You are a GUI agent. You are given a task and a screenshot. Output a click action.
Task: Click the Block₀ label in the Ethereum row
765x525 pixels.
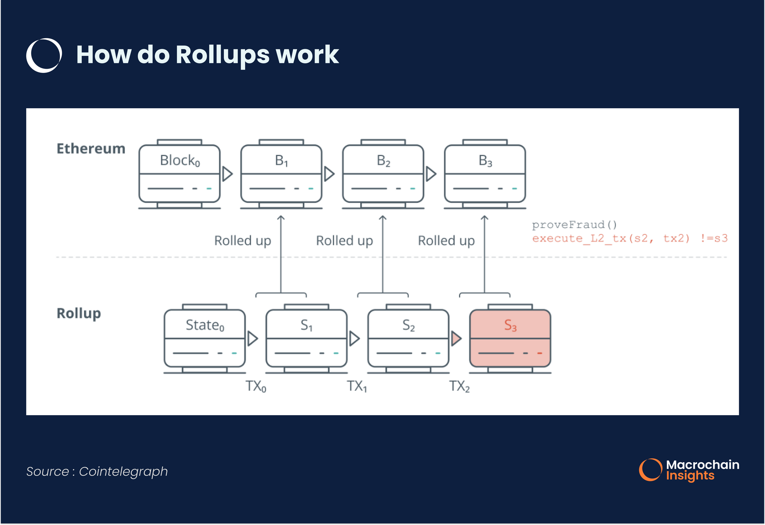[180, 160]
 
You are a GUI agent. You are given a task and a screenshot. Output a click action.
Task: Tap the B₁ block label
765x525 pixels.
[281, 160]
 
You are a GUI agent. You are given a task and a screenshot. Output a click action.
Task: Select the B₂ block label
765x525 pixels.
[383, 160]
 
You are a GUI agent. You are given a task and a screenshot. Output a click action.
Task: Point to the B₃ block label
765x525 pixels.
[485, 160]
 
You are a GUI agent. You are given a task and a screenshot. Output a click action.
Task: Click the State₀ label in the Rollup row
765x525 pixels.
[205, 325]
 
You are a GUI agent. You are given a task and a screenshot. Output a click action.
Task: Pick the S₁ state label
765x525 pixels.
[306, 325]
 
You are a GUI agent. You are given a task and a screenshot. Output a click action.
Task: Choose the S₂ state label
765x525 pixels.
[408, 325]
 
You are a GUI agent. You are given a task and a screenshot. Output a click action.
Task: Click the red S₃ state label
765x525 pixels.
[510, 325]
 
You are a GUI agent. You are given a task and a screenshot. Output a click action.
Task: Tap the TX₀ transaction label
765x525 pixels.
[256, 386]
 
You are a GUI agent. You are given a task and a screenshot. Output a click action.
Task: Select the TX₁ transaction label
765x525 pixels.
[357, 386]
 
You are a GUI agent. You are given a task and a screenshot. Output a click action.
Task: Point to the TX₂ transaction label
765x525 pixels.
[459, 386]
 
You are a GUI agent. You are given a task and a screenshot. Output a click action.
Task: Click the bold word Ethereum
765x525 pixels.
[91, 149]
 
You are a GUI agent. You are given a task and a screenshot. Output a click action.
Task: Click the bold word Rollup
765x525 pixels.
[79, 314]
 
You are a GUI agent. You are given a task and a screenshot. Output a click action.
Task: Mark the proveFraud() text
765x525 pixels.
[574, 225]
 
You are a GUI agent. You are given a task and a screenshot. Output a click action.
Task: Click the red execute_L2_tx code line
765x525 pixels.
[629, 238]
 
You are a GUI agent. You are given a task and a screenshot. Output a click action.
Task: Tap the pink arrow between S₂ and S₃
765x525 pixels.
[456, 338]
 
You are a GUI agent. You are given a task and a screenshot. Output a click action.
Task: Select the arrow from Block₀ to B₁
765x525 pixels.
[227, 174]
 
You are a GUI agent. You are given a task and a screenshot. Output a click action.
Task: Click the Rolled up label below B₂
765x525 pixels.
[344, 240]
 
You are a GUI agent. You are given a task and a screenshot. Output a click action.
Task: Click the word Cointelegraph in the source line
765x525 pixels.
[123, 472]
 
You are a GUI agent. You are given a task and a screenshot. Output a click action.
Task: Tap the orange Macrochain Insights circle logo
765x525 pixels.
[650, 470]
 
